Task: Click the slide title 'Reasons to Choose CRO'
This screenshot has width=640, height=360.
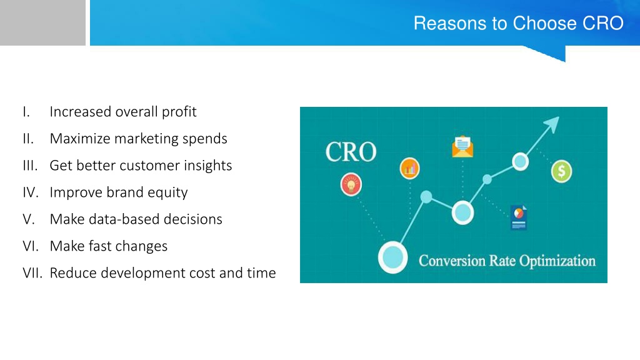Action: [518, 23]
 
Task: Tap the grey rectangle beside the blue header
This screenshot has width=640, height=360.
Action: [42, 22]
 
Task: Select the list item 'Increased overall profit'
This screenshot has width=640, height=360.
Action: [123, 112]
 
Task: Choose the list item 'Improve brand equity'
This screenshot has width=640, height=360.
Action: [118, 192]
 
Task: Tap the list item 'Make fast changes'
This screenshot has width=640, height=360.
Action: [109, 246]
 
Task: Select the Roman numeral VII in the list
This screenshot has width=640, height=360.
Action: [32, 273]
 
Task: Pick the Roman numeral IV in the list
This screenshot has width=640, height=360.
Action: [31, 192]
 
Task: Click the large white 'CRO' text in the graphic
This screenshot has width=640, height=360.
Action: [351, 152]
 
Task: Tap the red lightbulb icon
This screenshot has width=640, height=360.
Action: [351, 184]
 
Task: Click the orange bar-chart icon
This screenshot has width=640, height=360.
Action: [410, 168]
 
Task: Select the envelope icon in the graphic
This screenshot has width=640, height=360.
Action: [462, 146]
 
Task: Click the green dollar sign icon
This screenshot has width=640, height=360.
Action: [562, 171]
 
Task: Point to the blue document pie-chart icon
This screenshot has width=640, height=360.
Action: [519, 217]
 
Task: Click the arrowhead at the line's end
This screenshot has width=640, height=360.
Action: [552, 124]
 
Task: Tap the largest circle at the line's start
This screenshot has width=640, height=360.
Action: [392, 257]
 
